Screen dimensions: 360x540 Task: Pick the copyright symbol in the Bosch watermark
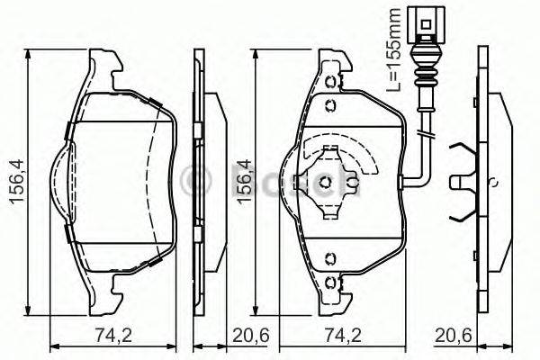pyautogui.click(x=193, y=180)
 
